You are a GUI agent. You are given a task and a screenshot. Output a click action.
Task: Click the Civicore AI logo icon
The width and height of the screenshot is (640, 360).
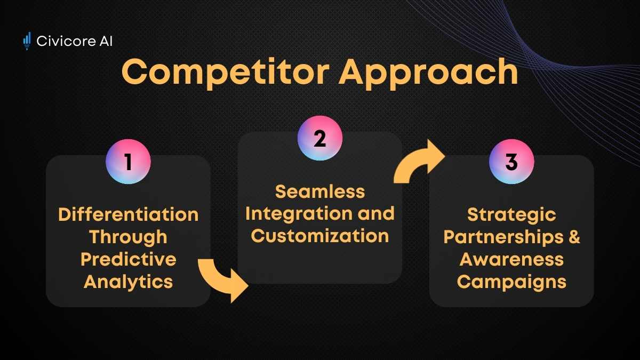[27, 41]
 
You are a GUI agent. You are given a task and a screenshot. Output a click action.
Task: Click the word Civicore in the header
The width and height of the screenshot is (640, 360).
[66, 41]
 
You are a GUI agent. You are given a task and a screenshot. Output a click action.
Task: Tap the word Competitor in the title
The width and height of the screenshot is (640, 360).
[226, 73]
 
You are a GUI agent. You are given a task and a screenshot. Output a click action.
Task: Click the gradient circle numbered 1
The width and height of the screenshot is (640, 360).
[129, 162]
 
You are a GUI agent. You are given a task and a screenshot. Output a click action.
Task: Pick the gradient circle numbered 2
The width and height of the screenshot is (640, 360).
[320, 138]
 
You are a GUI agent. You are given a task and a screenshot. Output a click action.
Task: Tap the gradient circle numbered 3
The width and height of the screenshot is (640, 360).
[511, 162]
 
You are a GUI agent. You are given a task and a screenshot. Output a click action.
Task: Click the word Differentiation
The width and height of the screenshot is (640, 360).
[129, 214]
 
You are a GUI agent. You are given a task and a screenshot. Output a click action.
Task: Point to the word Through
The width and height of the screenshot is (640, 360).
[129, 237]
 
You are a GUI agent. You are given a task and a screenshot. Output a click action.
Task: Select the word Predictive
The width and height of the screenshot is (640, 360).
[129, 259]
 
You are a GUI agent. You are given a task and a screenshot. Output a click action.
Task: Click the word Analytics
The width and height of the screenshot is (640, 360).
[129, 282]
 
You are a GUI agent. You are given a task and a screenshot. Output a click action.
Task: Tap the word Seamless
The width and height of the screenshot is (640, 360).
[320, 191]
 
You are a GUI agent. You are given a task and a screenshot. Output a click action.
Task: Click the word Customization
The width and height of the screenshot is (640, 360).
[320, 236]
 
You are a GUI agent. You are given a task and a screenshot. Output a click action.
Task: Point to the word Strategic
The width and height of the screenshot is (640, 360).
[511, 215]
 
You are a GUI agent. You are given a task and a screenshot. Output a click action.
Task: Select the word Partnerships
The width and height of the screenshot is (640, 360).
[503, 237]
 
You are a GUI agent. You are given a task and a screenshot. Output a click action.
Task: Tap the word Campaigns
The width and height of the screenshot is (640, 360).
[511, 282]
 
